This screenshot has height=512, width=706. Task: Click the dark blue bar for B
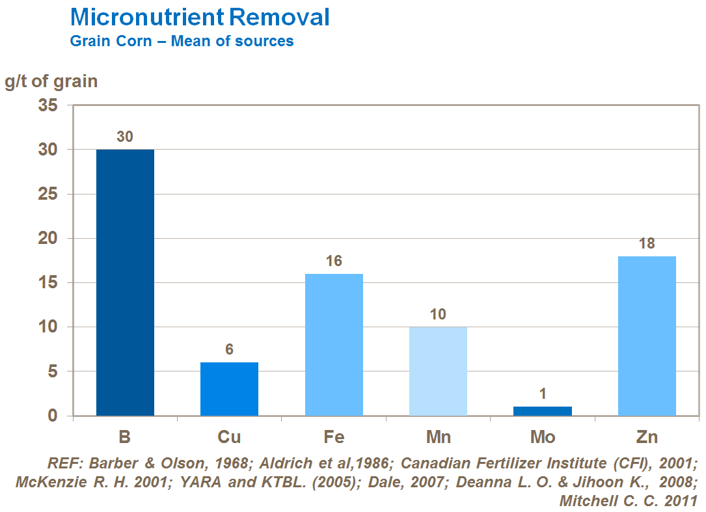coord(125,282)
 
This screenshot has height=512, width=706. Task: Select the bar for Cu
coord(229,389)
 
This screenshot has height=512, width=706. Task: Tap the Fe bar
coord(334,345)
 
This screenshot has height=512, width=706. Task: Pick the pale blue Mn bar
coord(438,371)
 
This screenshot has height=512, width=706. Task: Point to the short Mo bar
coord(543,411)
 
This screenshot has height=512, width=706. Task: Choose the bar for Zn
coord(647,336)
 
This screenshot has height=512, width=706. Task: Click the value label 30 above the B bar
coord(125,137)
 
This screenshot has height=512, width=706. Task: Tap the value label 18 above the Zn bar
coord(647,244)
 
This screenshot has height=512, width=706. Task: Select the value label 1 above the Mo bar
coord(543,394)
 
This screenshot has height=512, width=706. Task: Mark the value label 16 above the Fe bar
coord(334,262)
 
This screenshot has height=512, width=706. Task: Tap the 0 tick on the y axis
coord(53,416)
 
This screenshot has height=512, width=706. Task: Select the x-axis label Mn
coord(438,437)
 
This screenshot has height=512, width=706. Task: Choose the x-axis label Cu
coord(229,437)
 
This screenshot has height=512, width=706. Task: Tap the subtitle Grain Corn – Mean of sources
coord(182,42)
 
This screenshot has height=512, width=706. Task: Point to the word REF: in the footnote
coord(64,465)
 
